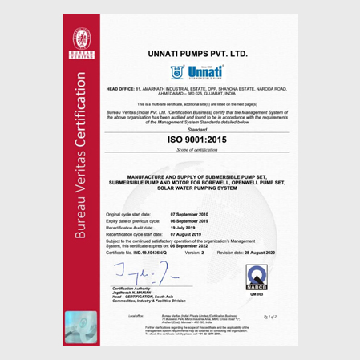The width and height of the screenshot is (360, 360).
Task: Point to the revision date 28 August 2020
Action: point(261,252)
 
